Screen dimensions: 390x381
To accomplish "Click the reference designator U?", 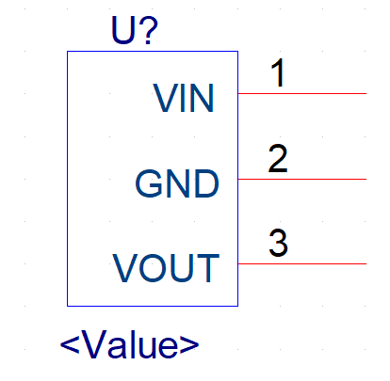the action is pos(135,30).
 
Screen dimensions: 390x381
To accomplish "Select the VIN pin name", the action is pos(184,98).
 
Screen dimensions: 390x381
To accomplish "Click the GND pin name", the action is pos(177,183).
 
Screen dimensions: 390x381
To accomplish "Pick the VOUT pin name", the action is pos(166,268).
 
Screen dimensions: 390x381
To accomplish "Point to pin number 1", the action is pos(279,73).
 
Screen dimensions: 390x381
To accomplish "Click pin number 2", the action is pos(278,158).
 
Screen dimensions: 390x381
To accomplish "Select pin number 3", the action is pos(278,243).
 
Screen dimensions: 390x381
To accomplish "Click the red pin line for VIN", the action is pos(302,93).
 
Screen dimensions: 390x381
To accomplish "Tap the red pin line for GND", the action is pos(302,179).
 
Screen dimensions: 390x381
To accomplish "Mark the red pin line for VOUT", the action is pos(302,263).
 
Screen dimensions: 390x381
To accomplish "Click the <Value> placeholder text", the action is pos(129,344).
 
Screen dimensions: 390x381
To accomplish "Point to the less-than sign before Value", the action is pos(70,345).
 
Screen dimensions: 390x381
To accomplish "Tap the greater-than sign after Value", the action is pos(189,345).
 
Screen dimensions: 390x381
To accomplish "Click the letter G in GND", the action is pos(148,183).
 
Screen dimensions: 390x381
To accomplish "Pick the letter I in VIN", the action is pos(184,98).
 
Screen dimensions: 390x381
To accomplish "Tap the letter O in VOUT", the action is pos(151,268).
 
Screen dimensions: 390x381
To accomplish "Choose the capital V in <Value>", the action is pos(94,344).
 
